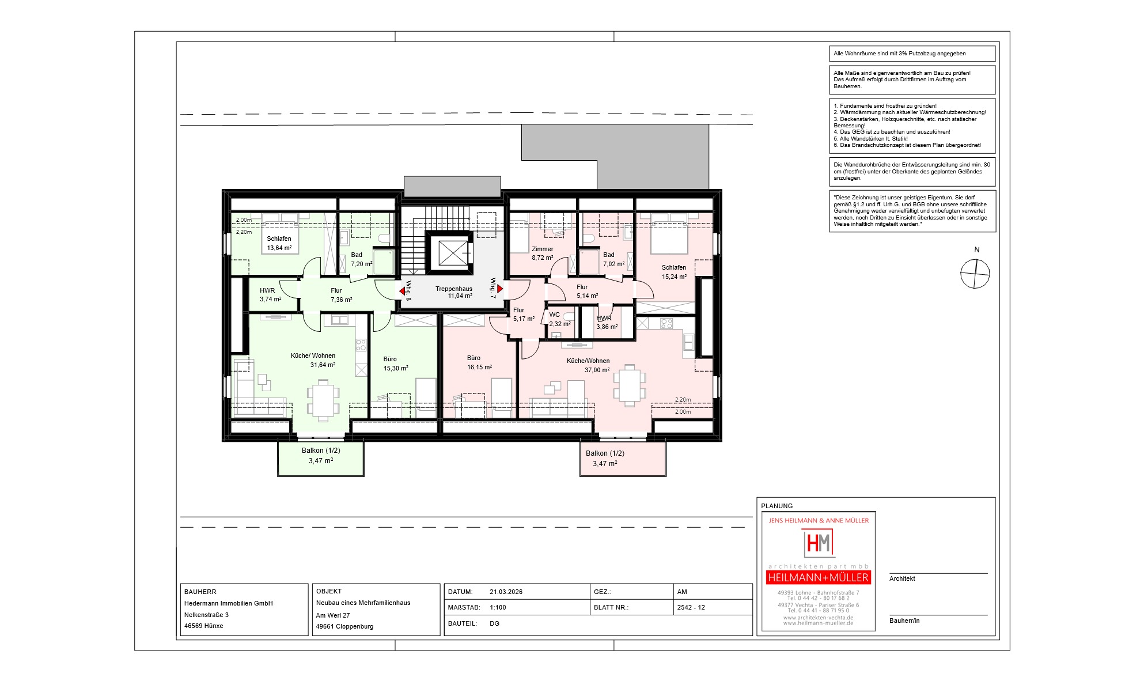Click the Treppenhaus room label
[454, 289]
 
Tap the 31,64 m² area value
[323, 365]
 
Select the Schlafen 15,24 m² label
[674, 272]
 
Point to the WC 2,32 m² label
[559, 319]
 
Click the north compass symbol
[975, 274]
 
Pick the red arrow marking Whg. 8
[402, 292]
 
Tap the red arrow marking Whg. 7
[500, 289]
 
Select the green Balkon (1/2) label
[321, 451]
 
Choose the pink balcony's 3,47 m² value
[605, 463]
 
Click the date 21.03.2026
[506, 592]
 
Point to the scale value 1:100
[498, 607]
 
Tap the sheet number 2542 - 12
[691, 607]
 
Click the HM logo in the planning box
[819, 543]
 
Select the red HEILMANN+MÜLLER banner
[819, 577]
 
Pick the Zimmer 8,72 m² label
[542, 254]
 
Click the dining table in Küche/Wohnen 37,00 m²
[630, 385]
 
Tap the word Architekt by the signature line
[902, 578]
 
